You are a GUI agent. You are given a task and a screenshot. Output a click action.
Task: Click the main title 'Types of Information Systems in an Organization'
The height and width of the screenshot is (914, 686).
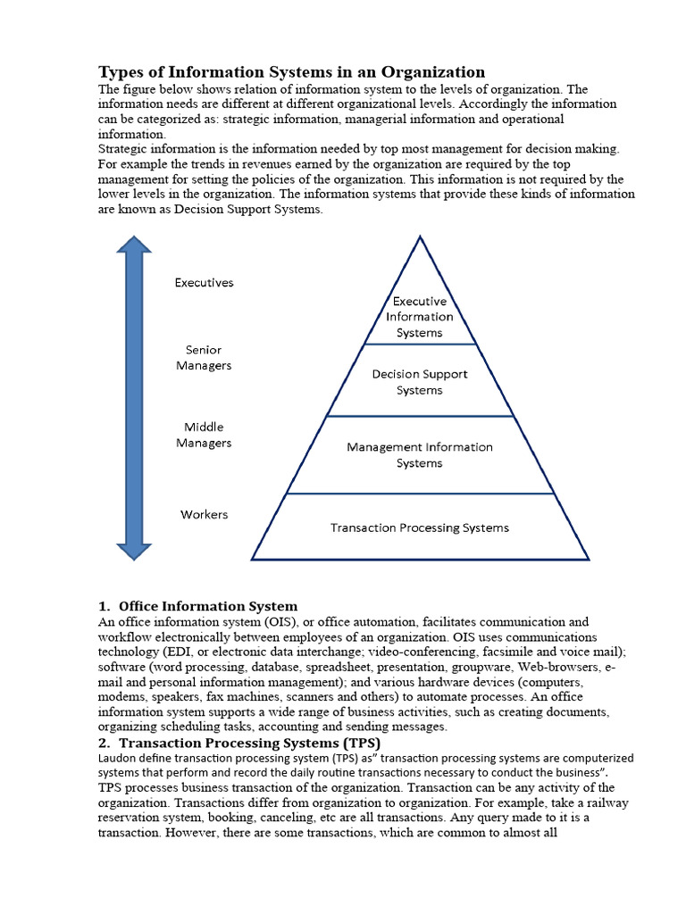(x=291, y=72)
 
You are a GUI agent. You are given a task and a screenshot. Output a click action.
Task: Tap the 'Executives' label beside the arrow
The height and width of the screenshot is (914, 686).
(x=204, y=283)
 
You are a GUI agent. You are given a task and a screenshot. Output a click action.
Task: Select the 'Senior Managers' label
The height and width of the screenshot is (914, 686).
(x=204, y=358)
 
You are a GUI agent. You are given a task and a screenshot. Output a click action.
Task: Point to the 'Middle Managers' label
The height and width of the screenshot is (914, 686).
(x=204, y=435)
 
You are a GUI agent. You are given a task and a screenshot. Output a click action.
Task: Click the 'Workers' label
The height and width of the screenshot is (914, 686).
(x=204, y=514)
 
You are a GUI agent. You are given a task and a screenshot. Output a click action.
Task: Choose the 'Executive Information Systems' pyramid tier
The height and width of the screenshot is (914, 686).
(x=420, y=317)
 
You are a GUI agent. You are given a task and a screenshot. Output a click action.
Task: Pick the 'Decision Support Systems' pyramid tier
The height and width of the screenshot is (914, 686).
(x=420, y=382)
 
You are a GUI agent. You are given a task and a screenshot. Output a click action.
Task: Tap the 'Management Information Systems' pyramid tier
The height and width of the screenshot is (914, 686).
(x=420, y=455)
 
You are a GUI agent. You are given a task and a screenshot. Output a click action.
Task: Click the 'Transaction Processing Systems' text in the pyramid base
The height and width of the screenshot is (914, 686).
(x=420, y=528)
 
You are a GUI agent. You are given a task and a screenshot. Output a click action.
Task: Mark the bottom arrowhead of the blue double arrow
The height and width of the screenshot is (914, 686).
(x=135, y=547)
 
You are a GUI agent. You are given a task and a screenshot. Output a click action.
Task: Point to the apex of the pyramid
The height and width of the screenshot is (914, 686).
(x=420, y=237)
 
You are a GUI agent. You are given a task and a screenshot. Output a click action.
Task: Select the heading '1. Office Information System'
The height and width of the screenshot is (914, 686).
(x=198, y=607)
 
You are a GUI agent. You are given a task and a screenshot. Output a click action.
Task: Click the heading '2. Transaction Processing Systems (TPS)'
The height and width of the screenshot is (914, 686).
(x=239, y=743)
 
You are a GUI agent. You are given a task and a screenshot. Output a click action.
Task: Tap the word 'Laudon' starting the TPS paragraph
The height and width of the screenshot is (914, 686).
(x=117, y=758)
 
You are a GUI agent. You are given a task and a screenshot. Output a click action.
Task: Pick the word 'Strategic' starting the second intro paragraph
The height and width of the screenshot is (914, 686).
(x=122, y=148)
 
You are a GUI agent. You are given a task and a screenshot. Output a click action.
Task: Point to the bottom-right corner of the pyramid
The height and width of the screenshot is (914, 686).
(x=589, y=560)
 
